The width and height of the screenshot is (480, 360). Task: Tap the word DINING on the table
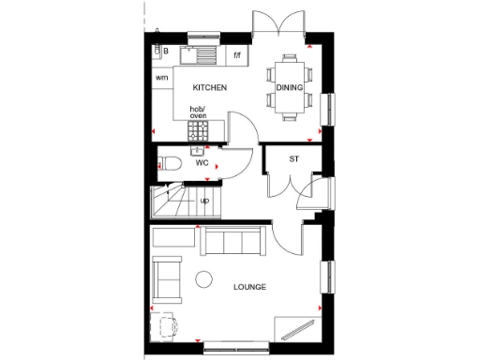click(289, 88)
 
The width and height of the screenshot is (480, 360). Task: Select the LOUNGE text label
click(250, 287)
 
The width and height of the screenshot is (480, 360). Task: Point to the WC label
click(202, 163)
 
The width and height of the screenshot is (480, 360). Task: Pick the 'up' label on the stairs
click(204, 201)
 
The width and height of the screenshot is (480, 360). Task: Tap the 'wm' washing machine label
click(162, 77)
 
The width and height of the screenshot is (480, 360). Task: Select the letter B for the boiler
click(164, 50)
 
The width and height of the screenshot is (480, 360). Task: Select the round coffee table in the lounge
click(204, 277)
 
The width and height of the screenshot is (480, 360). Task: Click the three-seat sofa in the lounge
click(232, 241)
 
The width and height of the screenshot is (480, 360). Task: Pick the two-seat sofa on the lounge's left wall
click(167, 278)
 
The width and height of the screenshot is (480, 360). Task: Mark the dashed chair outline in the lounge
click(167, 325)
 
